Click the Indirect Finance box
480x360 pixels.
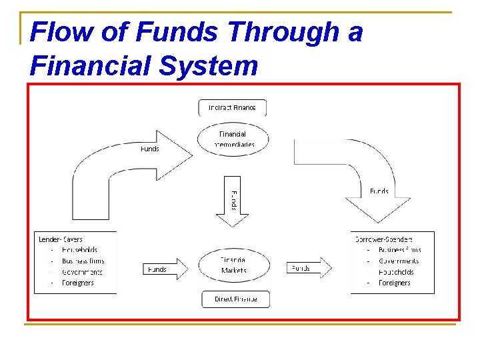point(232,107)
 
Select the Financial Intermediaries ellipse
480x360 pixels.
point(232,139)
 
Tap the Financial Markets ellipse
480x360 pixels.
point(233,265)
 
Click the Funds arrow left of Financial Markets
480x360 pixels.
point(165,269)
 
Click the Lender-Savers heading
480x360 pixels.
point(61,239)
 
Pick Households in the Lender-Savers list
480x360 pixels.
point(79,250)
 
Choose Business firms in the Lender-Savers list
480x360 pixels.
point(83,261)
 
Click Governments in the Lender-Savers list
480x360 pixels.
point(82,272)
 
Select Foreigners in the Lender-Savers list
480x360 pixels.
point(77,283)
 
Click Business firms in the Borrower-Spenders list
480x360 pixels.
point(399,250)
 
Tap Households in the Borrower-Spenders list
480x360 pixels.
point(396,272)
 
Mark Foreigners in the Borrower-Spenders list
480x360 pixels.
point(395,283)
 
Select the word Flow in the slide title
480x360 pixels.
point(55,31)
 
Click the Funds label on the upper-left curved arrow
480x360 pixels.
point(149,149)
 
